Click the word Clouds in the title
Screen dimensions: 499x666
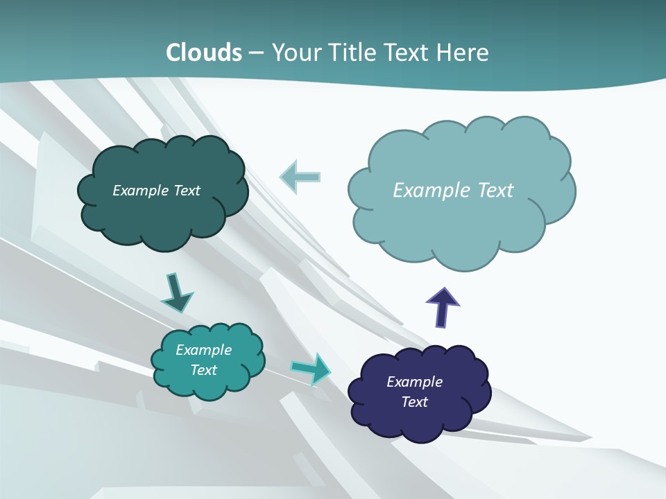point(203,53)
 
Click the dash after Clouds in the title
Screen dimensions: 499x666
point(256,53)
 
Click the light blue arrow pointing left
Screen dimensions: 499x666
point(300,177)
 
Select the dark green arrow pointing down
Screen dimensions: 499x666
point(176,293)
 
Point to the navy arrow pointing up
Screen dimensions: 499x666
point(443,306)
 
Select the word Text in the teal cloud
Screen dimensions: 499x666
point(203,370)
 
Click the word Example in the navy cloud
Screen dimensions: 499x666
point(414,382)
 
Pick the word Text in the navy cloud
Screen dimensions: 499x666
point(414,402)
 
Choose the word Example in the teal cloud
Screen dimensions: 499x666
point(203,350)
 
